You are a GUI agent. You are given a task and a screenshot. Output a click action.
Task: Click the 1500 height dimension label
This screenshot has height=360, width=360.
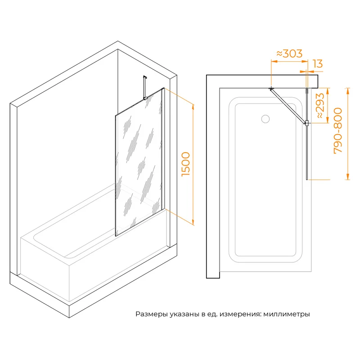[186, 164]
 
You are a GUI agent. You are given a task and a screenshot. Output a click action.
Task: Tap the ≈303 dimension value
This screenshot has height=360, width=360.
[289, 54]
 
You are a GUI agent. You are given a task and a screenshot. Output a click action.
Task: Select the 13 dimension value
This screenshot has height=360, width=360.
[318, 63]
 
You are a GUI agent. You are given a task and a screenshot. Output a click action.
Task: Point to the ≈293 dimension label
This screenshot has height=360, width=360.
[321, 106]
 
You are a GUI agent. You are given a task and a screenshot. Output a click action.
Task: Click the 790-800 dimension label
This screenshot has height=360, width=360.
[338, 130]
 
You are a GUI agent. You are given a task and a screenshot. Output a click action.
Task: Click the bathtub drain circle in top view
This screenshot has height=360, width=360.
[265, 119]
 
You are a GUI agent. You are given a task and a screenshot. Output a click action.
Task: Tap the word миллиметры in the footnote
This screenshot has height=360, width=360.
[287, 314]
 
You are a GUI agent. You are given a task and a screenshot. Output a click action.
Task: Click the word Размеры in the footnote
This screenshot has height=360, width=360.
[152, 314]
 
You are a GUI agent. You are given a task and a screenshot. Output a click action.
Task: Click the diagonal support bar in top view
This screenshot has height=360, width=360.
[288, 106]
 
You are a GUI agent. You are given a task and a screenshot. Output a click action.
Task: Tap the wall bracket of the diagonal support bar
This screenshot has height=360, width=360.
[271, 88]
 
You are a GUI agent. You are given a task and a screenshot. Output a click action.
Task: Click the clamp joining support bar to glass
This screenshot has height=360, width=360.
[306, 123]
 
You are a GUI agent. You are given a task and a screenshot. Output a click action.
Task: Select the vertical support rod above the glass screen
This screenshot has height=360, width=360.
[144, 87]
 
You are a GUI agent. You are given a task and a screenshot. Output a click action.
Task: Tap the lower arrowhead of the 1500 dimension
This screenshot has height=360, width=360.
[193, 222]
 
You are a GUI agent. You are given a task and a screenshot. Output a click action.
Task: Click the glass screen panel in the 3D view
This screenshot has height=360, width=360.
[139, 162]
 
